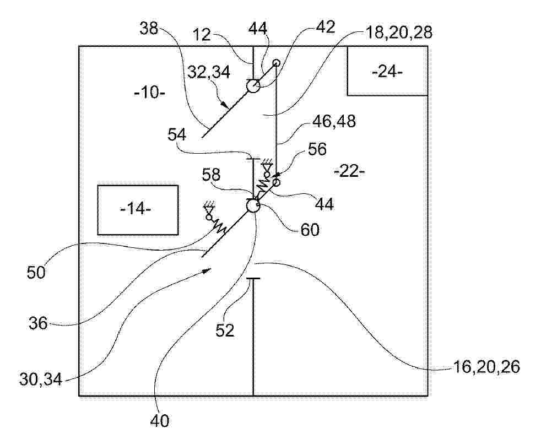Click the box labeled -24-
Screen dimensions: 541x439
[387, 71]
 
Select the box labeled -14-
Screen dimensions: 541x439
[138, 210]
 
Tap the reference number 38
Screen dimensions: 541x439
[149, 29]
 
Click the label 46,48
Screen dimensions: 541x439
[334, 121]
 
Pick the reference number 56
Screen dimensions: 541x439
[317, 149]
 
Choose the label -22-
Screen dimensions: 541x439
[349, 171]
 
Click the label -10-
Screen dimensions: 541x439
[150, 93]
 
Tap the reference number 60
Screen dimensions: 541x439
[310, 230]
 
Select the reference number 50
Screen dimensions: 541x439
[36, 273]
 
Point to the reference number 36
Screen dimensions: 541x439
[38, 324]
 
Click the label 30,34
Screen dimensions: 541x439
[41, 380]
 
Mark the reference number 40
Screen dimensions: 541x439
[160, 421]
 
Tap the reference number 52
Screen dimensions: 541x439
[225, 330]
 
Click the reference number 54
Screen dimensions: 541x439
[177, 134]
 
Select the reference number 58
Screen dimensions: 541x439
[211, 175]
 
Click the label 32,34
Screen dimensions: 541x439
[209, 72]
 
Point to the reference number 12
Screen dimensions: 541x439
[202, 35]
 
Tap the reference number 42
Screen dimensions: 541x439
[326, 27]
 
